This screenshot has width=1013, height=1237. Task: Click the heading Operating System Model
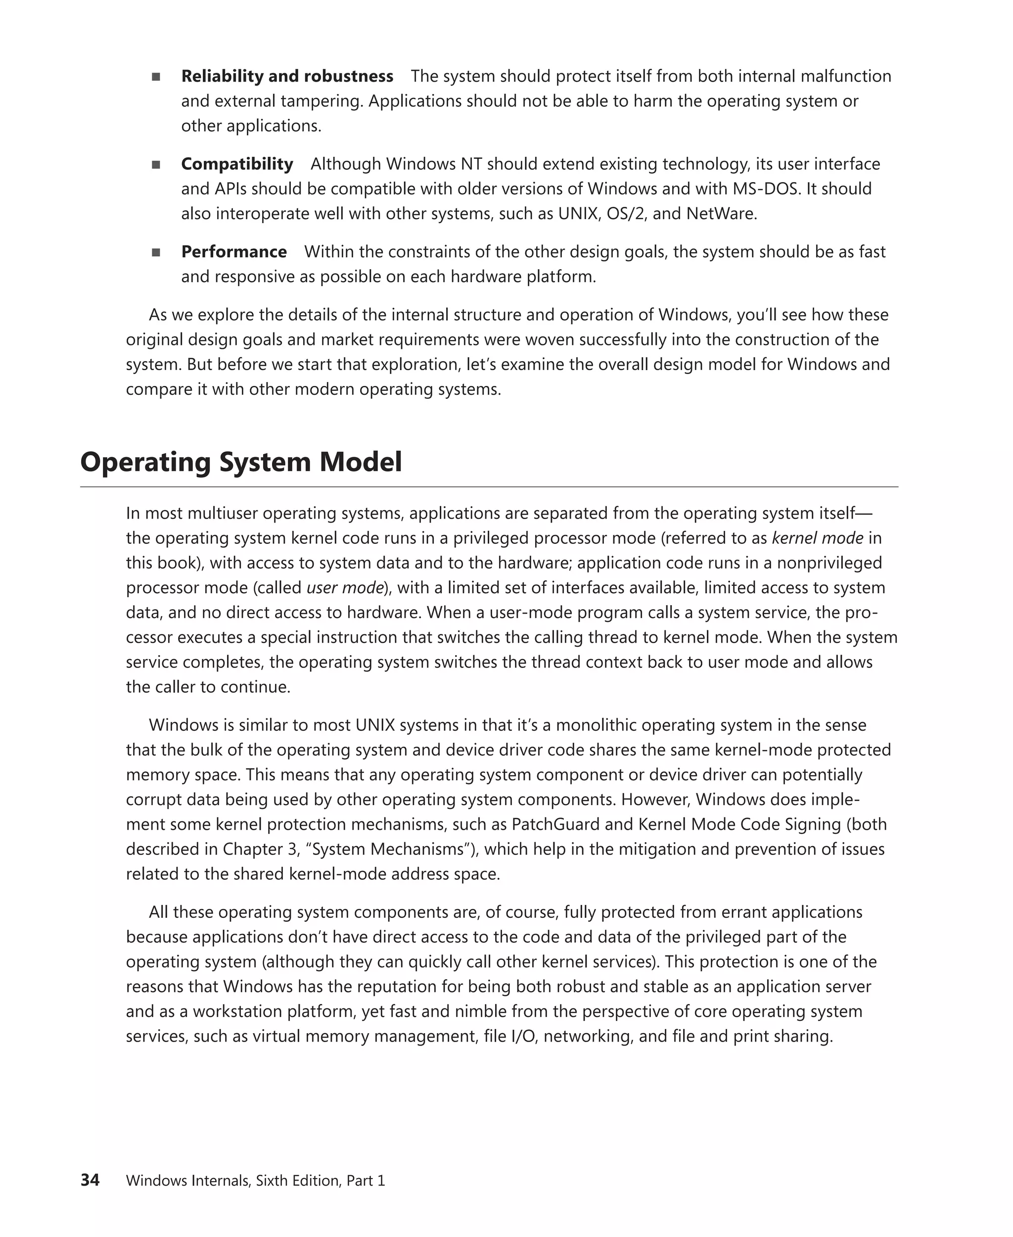tap(240, 462)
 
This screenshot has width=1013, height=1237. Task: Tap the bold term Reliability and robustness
tap(287, 77)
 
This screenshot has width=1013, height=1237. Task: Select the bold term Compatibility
tap(237, 164)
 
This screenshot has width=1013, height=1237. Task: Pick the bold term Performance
tap(234, 251)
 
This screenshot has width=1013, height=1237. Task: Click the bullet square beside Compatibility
tap(156, 165)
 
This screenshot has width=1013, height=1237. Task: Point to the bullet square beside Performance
tap(156, 252)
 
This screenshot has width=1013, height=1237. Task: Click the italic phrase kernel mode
tap(817, 538)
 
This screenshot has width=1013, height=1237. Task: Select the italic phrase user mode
tap(345, 588)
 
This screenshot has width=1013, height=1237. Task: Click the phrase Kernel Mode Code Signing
tap(739, 824)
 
